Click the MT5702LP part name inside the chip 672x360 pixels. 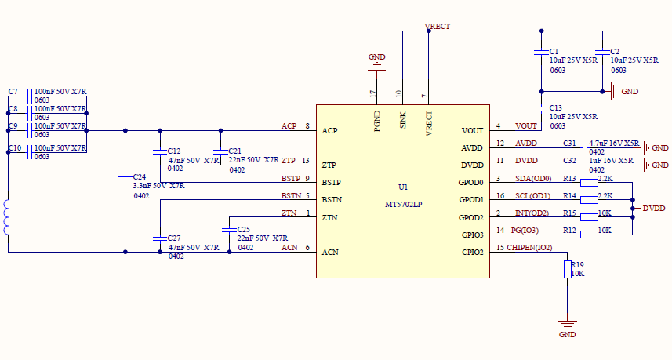(403, 205)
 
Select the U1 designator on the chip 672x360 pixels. (403, 187)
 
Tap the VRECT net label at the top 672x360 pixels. (437, 27)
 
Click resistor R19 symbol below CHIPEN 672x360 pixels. (567, 269)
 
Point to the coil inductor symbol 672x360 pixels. (8, 217)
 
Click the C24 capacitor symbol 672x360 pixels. (125, 178)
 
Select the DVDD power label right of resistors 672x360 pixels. (653, 209)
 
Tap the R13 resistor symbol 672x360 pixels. (589, 183)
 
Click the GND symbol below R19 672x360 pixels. (567, 325)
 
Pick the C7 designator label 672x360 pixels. (13, 92)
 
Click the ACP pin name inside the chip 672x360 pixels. (330, 130)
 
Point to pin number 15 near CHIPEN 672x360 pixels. (500, 248)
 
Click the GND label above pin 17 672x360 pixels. (377, 57)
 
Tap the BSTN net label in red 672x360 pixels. (290, 195)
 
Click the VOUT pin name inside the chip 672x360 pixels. (473, 130)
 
